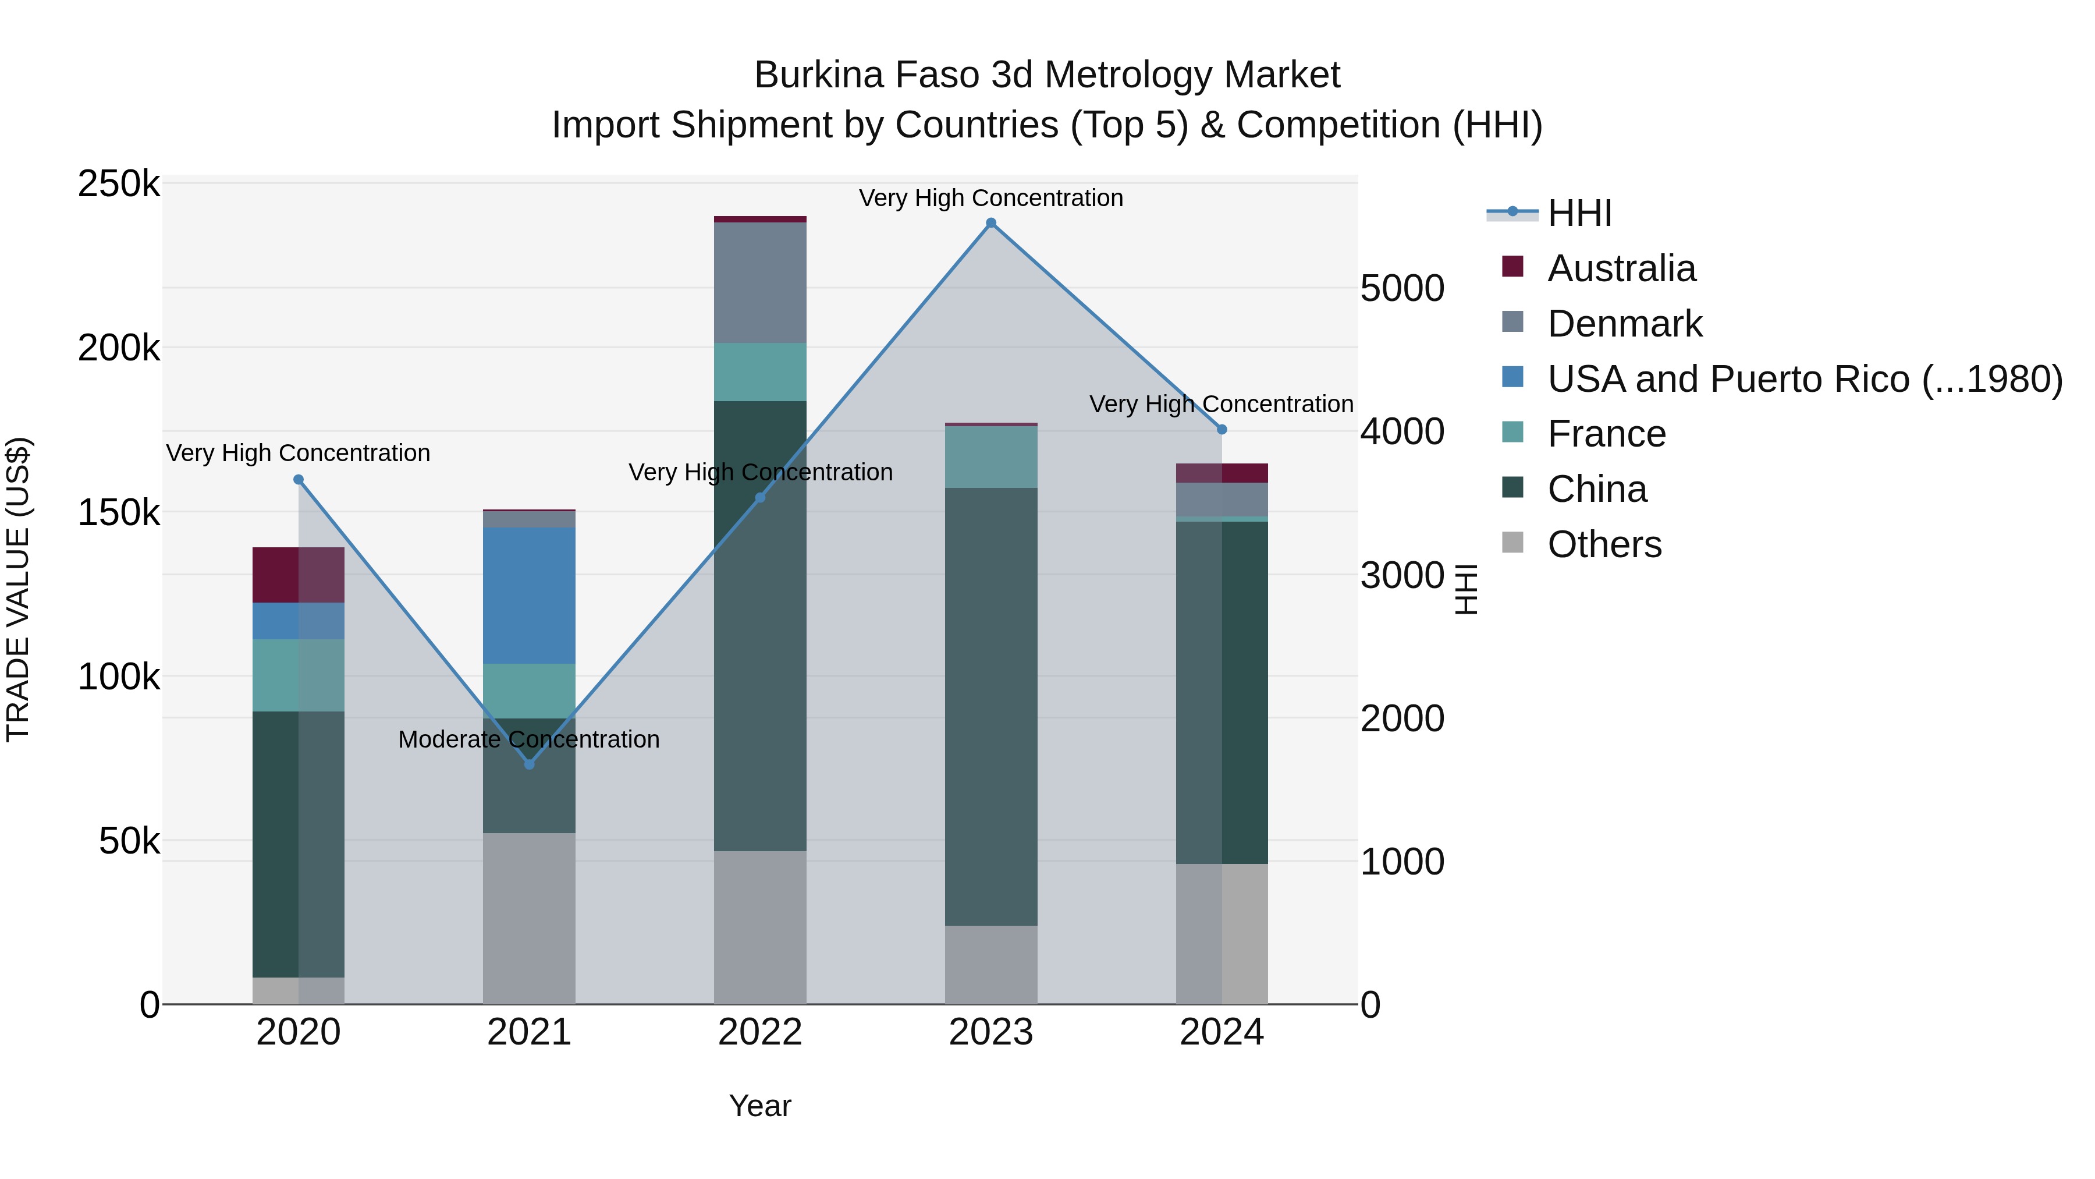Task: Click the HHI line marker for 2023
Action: (x=990, y=223)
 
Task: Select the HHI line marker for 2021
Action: (x=530, y=764)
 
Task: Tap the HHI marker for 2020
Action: (x=299, y=480)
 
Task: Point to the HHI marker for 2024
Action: (x=1222, y=430)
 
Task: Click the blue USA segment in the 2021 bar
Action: (x=530, y=595)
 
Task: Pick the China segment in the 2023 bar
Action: (x=990, y=706)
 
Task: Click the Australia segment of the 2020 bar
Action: (x=299, y=575)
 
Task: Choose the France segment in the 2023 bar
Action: (x=990, y=456)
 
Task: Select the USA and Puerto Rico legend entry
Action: (x=1804, y=379)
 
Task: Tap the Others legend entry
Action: (x=1604, y=544)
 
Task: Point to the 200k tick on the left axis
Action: (x=119, y=348)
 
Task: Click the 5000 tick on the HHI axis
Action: (x=1402, y=289)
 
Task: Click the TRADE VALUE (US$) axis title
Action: (x=18, y=589)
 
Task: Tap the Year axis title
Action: (x=759, y=1106)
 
